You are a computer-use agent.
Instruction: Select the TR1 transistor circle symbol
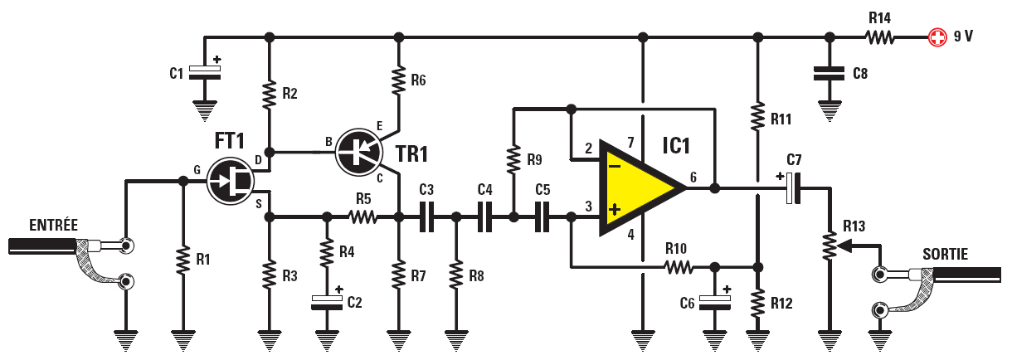tap(358, 152)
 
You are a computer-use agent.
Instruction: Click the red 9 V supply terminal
tap(937, 36)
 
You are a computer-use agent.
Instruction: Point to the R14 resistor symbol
tap(881, 36)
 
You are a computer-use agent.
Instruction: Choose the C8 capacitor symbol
tap(828, 73)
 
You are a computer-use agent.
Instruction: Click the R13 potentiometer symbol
tap(828, 244)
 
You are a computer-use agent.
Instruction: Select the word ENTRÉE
tap(53, 225)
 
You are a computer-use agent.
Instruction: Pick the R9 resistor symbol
tap(513, 158)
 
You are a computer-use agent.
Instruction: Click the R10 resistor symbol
tap(679, 267)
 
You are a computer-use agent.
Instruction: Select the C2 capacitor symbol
tap(327, 301)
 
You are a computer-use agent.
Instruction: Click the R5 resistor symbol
tap(362, 217)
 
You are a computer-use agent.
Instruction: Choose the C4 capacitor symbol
tap(484, 217)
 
